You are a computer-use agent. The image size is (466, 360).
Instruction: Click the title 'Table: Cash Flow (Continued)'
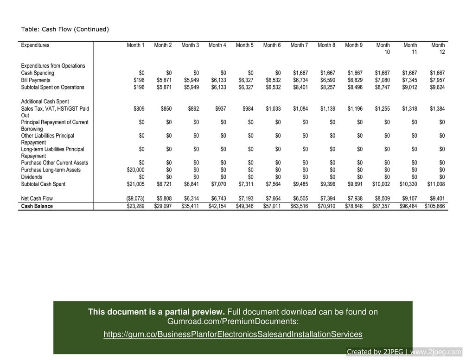click(65, 29)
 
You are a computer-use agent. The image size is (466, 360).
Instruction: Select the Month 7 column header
click(299, 45)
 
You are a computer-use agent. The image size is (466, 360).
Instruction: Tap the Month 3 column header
click(190, 45)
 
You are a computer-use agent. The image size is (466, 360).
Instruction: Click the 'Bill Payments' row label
click(36, 80)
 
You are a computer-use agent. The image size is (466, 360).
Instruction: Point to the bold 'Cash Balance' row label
click(37, 206)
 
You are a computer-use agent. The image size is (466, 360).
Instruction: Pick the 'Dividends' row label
click(32, 177)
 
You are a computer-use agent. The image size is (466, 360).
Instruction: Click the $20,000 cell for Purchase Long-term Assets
click(135, 170)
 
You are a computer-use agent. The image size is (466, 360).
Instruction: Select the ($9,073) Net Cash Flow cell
click(135, 199)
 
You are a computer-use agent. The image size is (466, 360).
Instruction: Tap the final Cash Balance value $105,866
click(434, 206)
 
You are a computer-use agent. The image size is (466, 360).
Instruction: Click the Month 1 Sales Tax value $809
click(139, 109)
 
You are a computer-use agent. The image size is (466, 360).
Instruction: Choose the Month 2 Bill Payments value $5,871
click(164, 80)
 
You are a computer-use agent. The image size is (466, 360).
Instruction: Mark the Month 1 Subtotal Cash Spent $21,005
click(135, 184)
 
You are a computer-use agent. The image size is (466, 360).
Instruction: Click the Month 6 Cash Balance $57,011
click(272, 206)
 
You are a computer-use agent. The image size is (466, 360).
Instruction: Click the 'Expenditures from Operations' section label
click(53, 66)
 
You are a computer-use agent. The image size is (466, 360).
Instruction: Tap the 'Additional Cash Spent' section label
click(45, 101)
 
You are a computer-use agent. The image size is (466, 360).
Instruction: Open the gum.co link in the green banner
click(233, 335)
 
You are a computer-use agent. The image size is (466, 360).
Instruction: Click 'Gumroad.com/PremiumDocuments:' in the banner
click(233, 322)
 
